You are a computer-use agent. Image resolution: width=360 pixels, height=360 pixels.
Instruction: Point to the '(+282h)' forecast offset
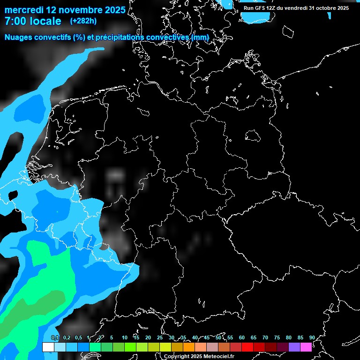click(x=83, y=21)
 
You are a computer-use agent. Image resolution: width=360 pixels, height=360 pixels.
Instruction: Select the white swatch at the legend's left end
click(x=48, y=347)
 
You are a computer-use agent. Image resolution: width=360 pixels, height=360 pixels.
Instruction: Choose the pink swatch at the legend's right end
click(x=306, y=347)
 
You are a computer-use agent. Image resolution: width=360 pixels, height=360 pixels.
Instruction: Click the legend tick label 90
click(x=312, y=337)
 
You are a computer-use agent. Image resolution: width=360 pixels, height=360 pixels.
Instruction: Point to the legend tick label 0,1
click(x=55, y=337)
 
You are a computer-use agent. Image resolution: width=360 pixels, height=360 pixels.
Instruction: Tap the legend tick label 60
click(x=242, y=337)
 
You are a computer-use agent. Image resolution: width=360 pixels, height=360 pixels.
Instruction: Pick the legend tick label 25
click(x=160, y=337)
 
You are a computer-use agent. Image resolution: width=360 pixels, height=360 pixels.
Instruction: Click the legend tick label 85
click(x=300, y=337)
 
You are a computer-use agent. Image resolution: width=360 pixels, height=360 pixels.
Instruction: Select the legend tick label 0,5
click(x=78, y=337)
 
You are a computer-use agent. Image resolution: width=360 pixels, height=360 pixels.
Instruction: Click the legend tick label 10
click(x=125, y=337)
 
